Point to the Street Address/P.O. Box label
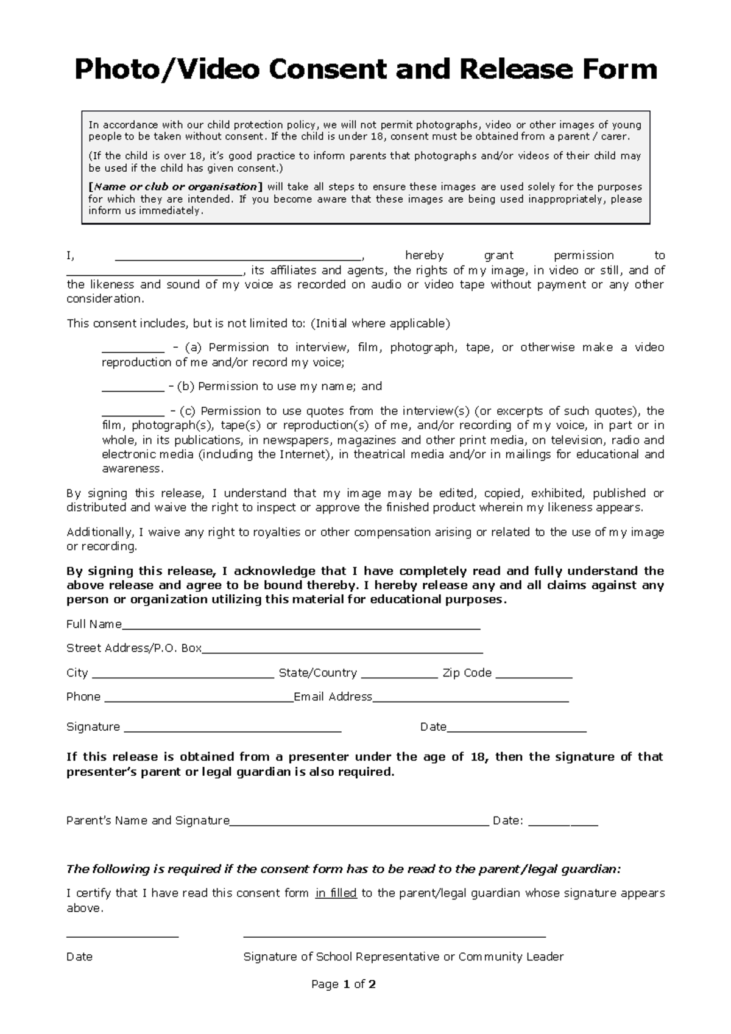point(133,649)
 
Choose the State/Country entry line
point(399,675)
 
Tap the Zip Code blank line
point(534,675)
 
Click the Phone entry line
point(199,700)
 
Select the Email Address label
point(333,697)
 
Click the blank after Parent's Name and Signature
point(359,823)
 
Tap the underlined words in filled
point(336,894)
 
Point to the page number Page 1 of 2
point(343,984)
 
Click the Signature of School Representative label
point(403,957)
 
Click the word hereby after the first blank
point(424,256)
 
